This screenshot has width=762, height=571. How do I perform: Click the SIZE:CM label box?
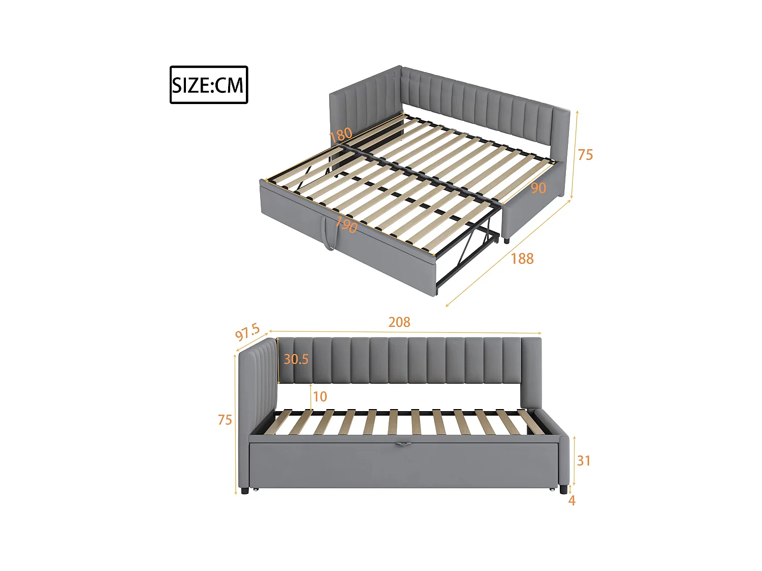coord(209,85)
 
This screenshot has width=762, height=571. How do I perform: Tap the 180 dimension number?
coord(341,135)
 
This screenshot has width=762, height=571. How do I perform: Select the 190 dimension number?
coord(346,224)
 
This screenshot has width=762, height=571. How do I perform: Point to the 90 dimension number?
coord(538,188)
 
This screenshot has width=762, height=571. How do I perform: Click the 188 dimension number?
coord(522,259)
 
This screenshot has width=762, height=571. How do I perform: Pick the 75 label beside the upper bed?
coord(585,155)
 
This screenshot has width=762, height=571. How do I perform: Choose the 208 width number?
coord(399,322)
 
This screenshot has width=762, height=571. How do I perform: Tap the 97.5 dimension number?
coord(247,332)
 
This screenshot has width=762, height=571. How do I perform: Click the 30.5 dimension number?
coord(296,359)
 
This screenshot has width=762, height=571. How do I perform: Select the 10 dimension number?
coord(320,396)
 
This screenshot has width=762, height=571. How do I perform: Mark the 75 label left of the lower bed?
coord(225,420)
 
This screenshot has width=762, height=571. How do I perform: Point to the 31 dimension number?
coord(584,460)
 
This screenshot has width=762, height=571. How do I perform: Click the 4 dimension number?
coord(572,500)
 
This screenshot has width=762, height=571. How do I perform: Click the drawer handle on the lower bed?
coord(403,444)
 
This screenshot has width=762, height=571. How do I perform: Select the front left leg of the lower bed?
coord(245,491)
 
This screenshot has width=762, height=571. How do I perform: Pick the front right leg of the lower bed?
coord(563,490)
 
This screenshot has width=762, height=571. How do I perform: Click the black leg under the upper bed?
coord(506,240)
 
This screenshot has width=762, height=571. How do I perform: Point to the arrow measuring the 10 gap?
coord(311,396)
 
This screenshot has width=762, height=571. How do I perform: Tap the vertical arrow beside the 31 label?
coord(575,460)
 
